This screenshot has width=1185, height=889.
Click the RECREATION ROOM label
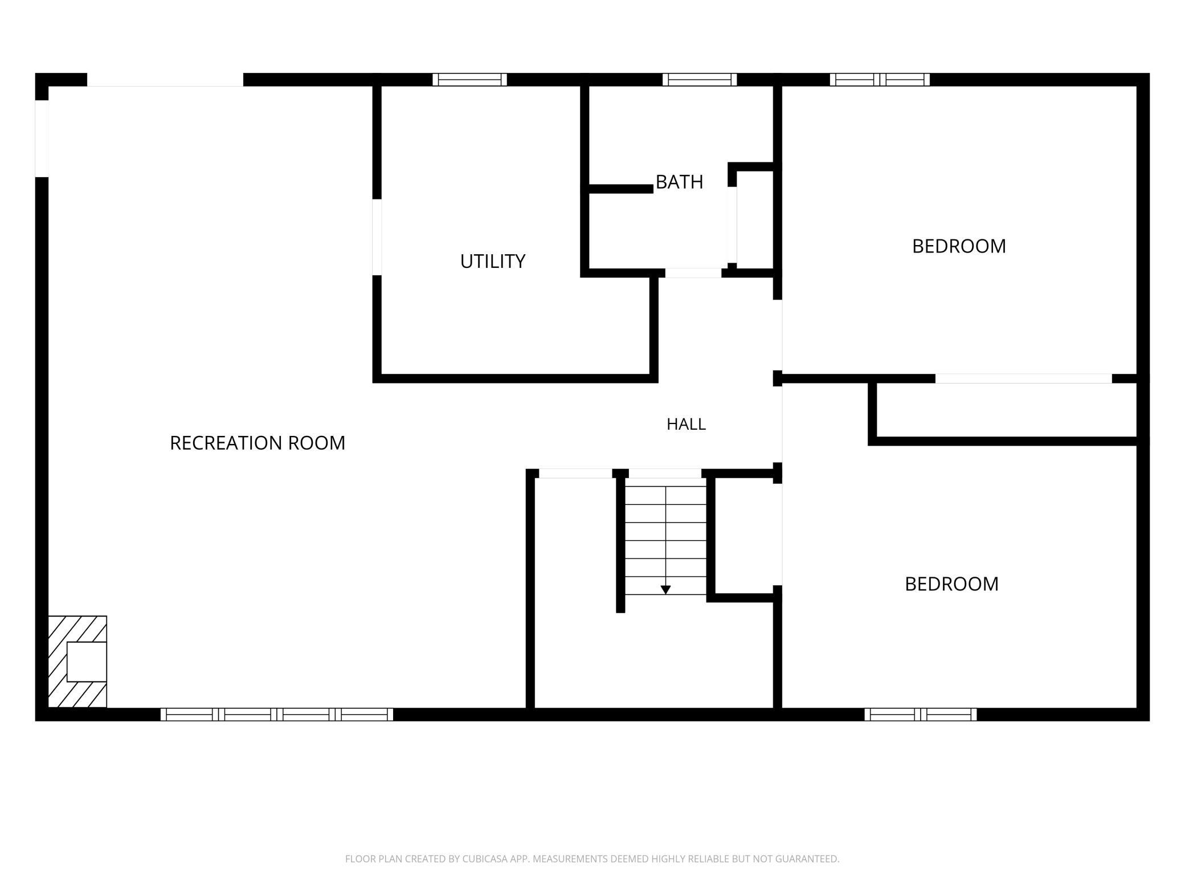[258, 443]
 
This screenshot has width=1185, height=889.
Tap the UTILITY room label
[493, 261]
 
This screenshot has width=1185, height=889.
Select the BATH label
[679, 182]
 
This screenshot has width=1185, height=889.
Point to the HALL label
[686, 424]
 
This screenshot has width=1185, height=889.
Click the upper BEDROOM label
[959, 246]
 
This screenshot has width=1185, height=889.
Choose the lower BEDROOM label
[951, 584]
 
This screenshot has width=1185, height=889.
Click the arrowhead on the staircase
[665, 590]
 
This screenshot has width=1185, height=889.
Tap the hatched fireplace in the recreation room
[77, 662]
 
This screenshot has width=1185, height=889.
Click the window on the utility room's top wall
[469, 80]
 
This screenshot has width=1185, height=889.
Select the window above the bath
[700, 80]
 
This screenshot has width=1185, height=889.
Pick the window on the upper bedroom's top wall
[880, 80]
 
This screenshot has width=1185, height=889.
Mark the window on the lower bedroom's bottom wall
[921, 715]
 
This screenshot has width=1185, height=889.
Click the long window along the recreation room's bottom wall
[277, 715]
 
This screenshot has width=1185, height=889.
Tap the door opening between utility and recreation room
[377, 237]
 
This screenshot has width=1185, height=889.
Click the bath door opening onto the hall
[693, 273]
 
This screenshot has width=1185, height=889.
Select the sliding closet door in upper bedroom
[1023, 378]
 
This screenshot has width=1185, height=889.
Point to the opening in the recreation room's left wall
[42, 138]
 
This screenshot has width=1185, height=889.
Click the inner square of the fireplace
[87, 662]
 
